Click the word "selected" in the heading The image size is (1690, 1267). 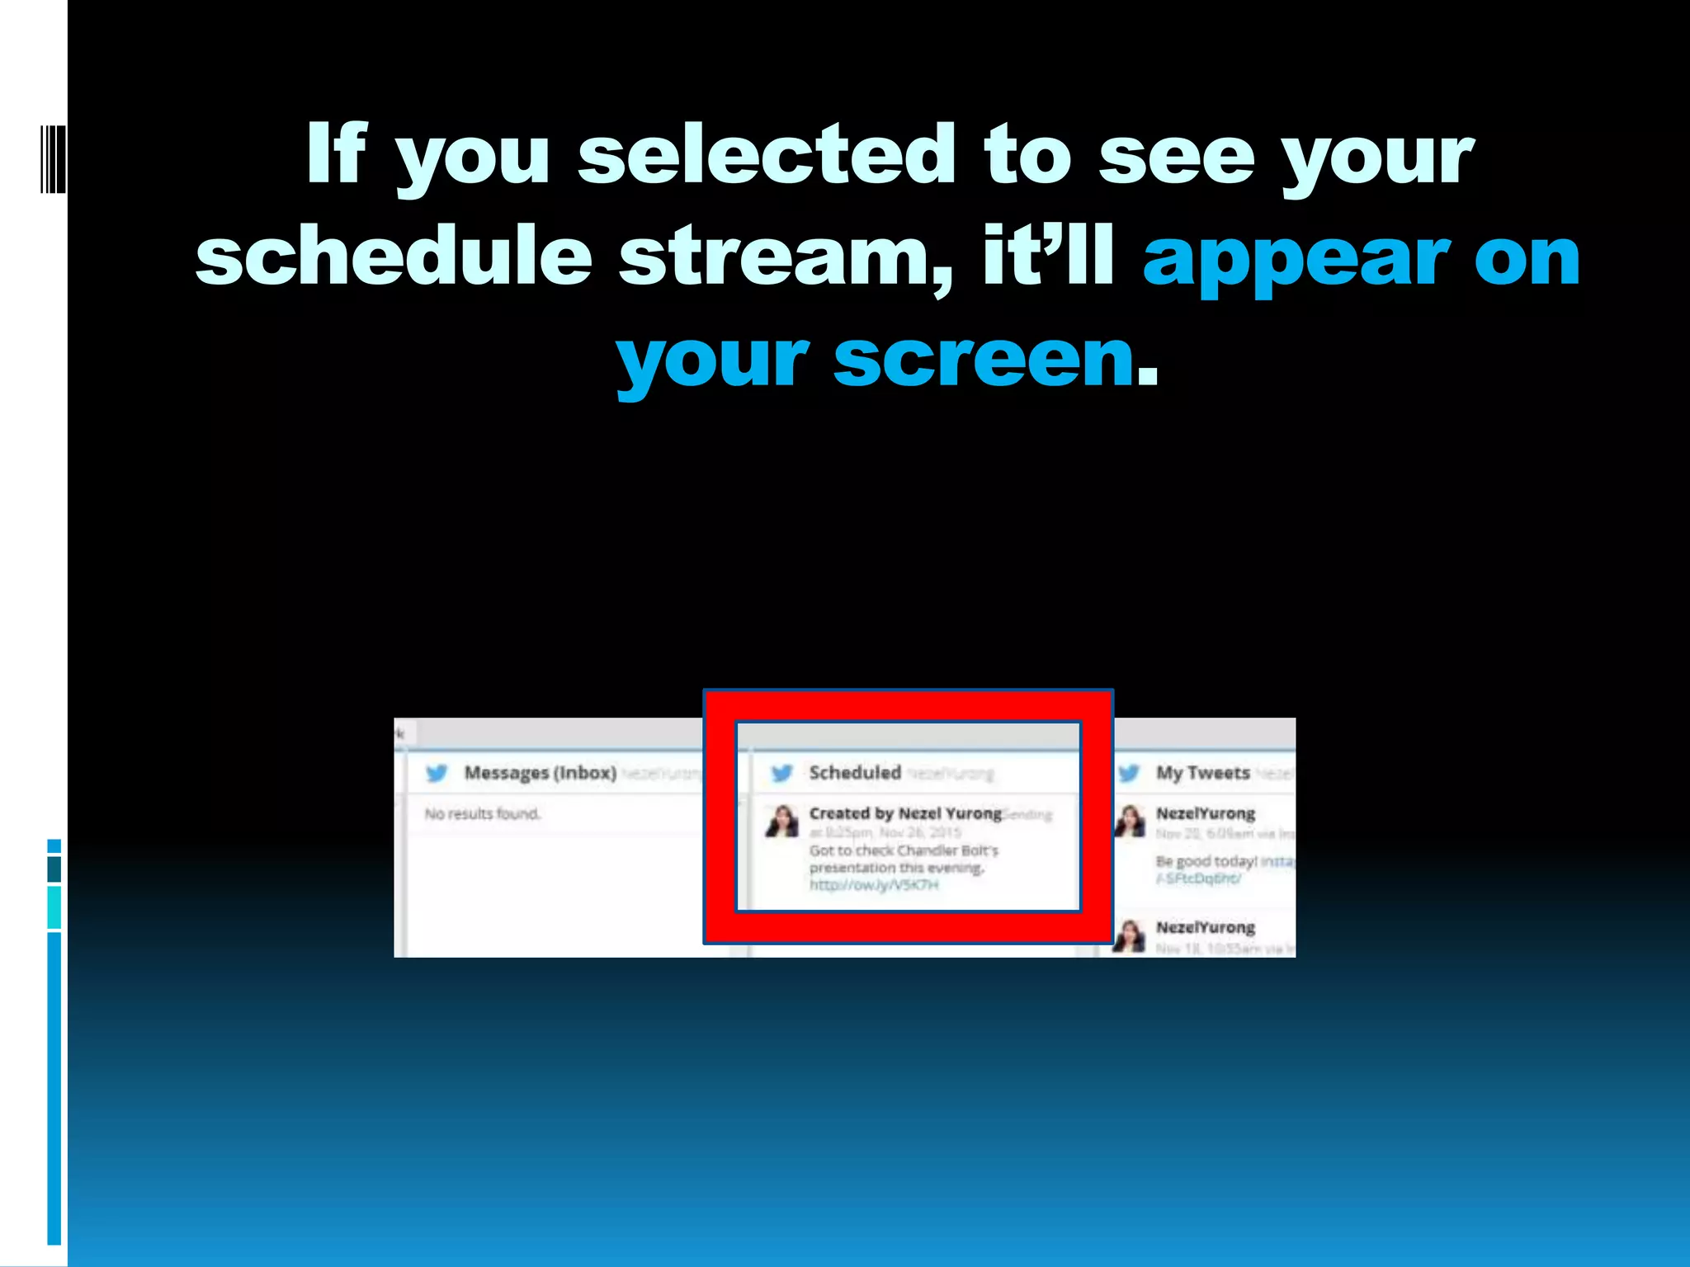pyautogui.click(x=766, y=154)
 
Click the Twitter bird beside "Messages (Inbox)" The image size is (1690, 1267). pyautogui.click(x=437, y=773)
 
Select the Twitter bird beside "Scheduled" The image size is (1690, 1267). pyautogui.click(x=781, y=773)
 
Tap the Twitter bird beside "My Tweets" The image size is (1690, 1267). pyautogui.click(x=1128, y=773)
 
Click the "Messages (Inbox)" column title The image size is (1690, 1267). pyautogui.click(x=540, y=773)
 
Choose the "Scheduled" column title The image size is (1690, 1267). pyautogui.click(x=855, y=773)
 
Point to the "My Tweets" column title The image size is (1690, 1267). pyautogui.click(x=1202, y=773)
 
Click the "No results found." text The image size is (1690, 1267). pyautogui.click(x=483, y=814)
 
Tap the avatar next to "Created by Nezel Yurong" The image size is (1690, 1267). pyautogui.click(x=781, y=822)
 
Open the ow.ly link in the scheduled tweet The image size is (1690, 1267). pyautogui.click(x=874, y=885)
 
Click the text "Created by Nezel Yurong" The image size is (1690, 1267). pyautogui.click(x=905, y=813)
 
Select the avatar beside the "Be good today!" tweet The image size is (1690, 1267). pyautogui.click(x=1130, y=822)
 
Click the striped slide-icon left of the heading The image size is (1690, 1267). pyautogui.click(x=53, y=159)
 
